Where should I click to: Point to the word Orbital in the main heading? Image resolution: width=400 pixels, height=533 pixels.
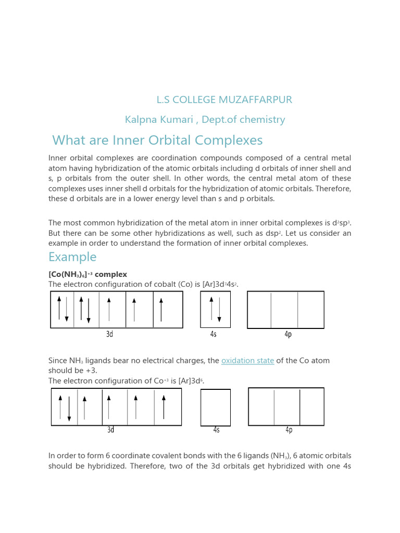coord(169,141)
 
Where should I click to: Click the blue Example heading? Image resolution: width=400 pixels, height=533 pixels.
coord(72,257)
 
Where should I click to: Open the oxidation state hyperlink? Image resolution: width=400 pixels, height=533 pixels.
coord(247,361)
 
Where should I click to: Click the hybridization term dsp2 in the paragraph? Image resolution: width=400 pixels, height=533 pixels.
coord(286,233)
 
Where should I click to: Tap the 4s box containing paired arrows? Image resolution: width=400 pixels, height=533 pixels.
coord(215,310)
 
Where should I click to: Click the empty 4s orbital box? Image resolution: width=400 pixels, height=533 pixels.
coord(216,408)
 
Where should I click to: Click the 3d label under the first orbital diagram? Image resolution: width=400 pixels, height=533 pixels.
coord(109,335)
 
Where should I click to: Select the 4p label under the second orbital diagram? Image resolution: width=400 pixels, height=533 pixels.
coord(289,430)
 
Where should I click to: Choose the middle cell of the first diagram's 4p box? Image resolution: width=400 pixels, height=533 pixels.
coord(284,310)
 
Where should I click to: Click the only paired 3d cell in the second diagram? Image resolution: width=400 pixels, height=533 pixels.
coord(64,408)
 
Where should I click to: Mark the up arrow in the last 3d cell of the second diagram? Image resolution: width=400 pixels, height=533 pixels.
coord(164,407)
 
